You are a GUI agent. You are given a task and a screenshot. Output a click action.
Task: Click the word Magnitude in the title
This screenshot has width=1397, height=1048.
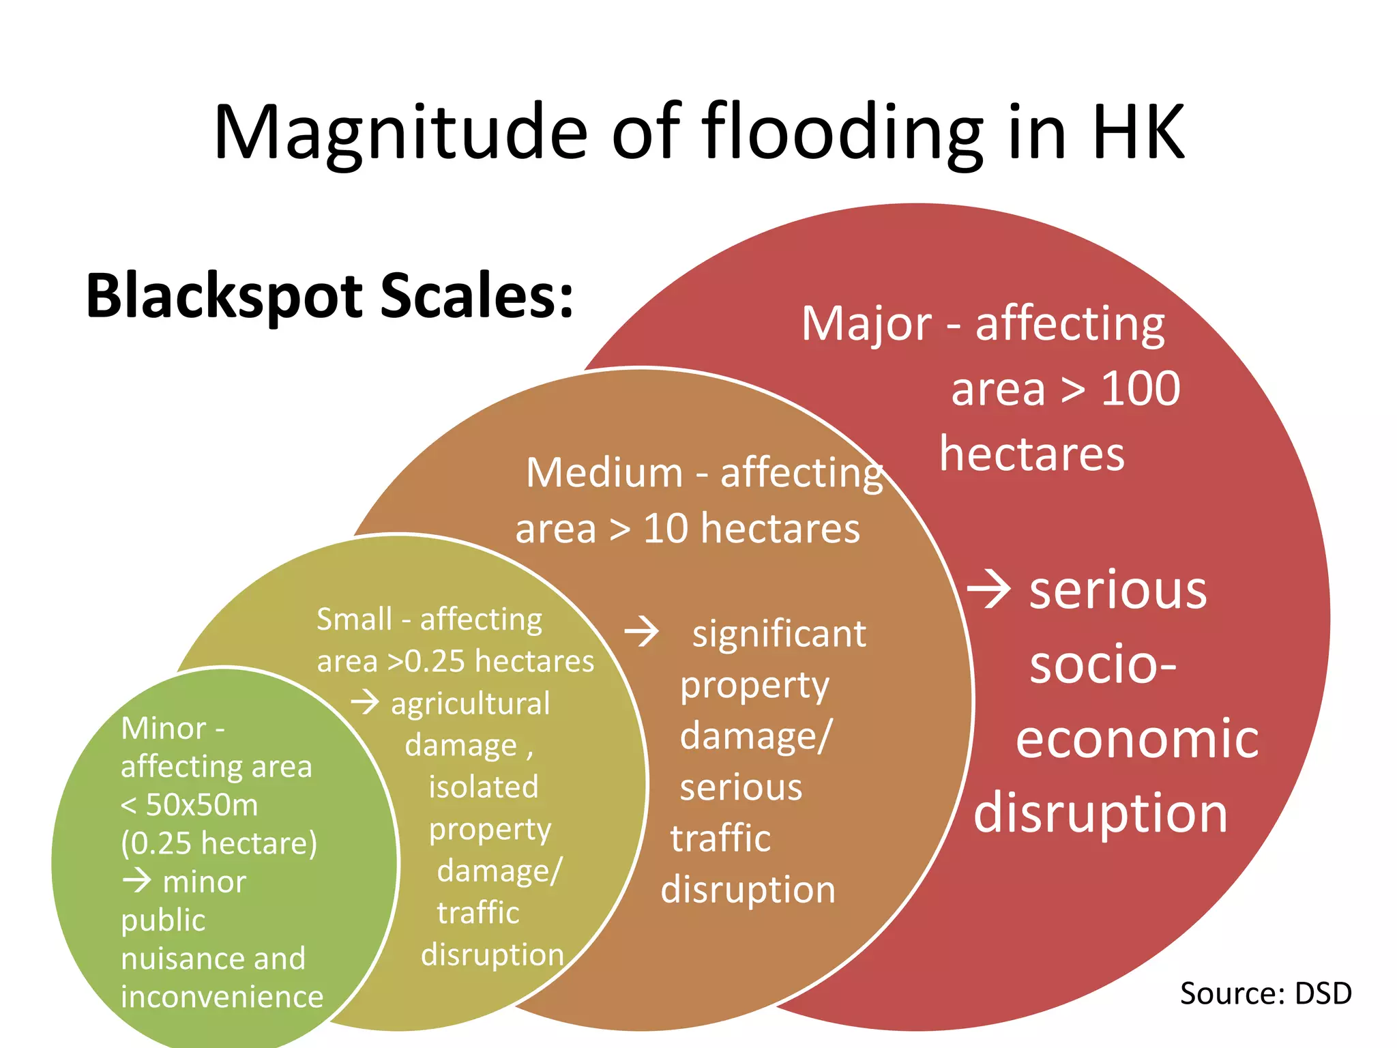[x=400, y=133]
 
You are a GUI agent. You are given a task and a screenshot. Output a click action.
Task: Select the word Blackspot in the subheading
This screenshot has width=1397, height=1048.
[x=225, y=295]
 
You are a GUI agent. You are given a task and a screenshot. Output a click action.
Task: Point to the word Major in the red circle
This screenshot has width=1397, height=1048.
[x=866, y=324]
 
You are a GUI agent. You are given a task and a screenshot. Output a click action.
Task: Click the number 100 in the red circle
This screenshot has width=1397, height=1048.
[x=1141, y=389]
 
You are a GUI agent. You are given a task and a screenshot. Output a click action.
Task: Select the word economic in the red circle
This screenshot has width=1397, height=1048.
[x=1137, y=739]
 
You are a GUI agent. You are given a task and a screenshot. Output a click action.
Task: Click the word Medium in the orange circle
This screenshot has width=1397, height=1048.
[x=604, y=472]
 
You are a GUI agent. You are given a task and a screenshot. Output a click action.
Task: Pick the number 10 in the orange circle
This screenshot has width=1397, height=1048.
[x=666, y=529]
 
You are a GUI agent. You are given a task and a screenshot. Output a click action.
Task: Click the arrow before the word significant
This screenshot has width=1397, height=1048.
[x=641, y=632]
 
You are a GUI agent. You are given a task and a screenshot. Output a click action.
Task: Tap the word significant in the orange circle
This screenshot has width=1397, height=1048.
[x=779, y=634]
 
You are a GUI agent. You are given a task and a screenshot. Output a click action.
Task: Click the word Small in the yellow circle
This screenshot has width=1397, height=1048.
[x=354, y=620]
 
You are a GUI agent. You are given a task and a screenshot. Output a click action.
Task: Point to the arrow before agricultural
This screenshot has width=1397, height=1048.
[x=365, y=701]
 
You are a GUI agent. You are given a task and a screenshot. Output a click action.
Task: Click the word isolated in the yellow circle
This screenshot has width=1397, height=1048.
[x=483, y=787]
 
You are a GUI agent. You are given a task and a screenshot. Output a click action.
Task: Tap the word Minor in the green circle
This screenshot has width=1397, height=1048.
[x=163, y=729]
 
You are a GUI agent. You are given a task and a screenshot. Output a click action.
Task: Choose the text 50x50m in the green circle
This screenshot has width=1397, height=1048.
[x=202, y=806]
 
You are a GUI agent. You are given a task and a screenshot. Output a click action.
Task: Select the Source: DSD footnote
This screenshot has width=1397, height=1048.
[x=1265, y=993]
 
